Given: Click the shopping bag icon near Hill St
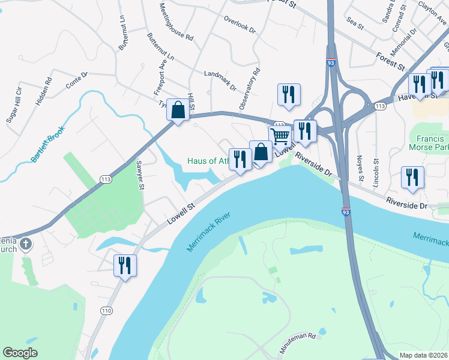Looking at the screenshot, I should click(x=178, y=110).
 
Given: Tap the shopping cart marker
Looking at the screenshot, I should click(x=280, y=136).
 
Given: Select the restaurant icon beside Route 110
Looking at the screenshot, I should click(x=125, y=266).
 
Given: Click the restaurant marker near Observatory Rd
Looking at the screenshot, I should click(x=289, y=95).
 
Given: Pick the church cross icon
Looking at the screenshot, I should click(x=25, y=244).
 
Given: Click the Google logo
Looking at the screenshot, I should click(x=20, y=353).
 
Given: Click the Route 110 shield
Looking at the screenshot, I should click(x=107, y=310).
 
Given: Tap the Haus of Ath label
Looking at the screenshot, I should click(x=208, y=161).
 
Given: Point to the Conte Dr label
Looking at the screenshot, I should click(x=77, y=80).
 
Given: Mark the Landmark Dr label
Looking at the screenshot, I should click(x=220, y=80).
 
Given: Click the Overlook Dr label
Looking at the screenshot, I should click(x=240, y=24).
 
